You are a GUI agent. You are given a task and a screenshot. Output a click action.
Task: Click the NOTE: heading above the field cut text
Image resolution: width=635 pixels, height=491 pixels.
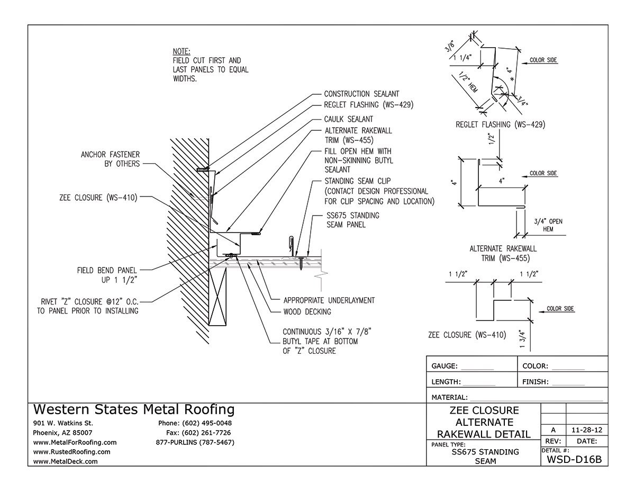point(182,51)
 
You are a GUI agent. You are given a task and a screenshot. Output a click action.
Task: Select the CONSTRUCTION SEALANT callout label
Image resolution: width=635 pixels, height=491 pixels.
point(361,94)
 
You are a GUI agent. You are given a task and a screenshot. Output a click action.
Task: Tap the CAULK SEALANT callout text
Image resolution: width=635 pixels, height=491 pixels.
point(349,119)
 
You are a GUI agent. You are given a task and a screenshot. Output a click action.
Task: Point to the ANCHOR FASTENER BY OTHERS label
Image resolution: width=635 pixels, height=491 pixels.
point(110,159)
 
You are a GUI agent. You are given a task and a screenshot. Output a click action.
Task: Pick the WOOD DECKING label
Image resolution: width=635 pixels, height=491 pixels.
point(307,311)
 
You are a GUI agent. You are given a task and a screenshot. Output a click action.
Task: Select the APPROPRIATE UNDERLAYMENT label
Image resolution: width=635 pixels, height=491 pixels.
point(329,300)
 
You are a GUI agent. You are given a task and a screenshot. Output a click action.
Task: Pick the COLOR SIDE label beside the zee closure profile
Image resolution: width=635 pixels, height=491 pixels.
point(560,308)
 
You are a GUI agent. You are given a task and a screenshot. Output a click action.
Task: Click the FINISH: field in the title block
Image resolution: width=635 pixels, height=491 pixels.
point(553,381)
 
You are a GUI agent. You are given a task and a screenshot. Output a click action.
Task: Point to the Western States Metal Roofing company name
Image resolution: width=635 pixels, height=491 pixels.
point(134,409)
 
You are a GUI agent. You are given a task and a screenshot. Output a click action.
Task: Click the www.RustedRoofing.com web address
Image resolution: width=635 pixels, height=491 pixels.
point(71,452)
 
